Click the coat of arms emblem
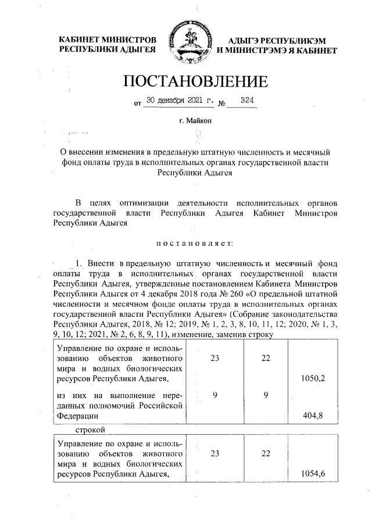187,44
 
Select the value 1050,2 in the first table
313,378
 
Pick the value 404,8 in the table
313,416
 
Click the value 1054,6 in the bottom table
313,474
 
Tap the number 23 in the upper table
215,358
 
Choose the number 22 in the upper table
266,358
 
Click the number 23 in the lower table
215,453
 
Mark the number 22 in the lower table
266,453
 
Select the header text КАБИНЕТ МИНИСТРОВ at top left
108,40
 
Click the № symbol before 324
222,103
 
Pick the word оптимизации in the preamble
144,203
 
